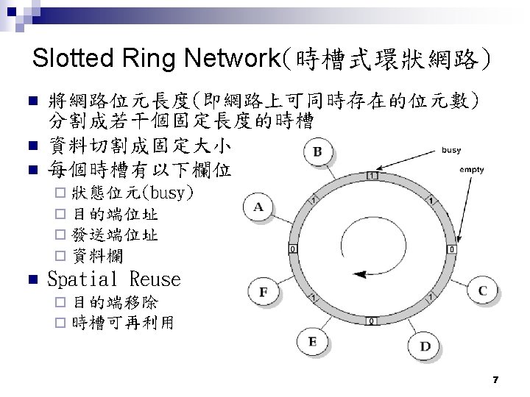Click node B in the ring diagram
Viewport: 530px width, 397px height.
pyautogui.click(x=317, y=152)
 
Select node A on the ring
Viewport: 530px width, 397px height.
pyautogui.click(x=258, y=207)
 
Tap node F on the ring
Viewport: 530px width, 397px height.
pyautogui.click(x=264, y=292)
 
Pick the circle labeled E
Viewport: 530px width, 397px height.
pyautogui.click(x=312, y=341)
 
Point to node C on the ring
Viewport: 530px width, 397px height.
pyautogui.click(x=482, y=291)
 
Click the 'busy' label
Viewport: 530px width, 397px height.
pyautogui.click(x=451, y=150)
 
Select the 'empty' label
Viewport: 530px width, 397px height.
pyautogui.click(x=471, y=170)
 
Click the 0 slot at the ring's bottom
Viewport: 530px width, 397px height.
pyautogui.click(x=372, y=321)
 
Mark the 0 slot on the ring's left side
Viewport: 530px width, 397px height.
pyautogui.click(x=294, y=249)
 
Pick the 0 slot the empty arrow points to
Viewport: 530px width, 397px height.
pyautogui.click(x=451, y=250)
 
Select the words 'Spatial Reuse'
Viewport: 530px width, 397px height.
pyautogui.click(x=113, y=279)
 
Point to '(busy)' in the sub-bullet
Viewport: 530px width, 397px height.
pyautogui.click(x=169, y=194)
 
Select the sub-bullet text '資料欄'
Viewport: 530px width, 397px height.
pyautogui.click(x=98, y=256)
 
